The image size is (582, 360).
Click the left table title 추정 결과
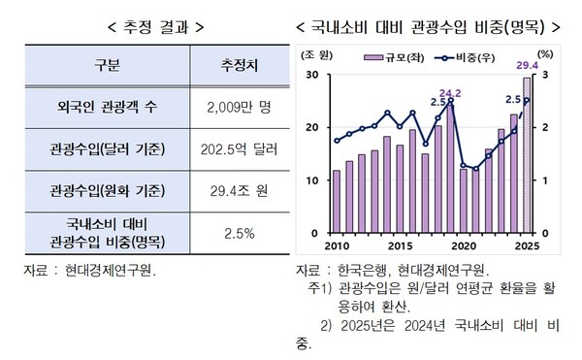pyautogui.click(x=145, y=26)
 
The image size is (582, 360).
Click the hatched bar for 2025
pyautogui.click(x=527, y=155)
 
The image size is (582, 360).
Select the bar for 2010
pyautogui.click(x=337, y=202)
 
